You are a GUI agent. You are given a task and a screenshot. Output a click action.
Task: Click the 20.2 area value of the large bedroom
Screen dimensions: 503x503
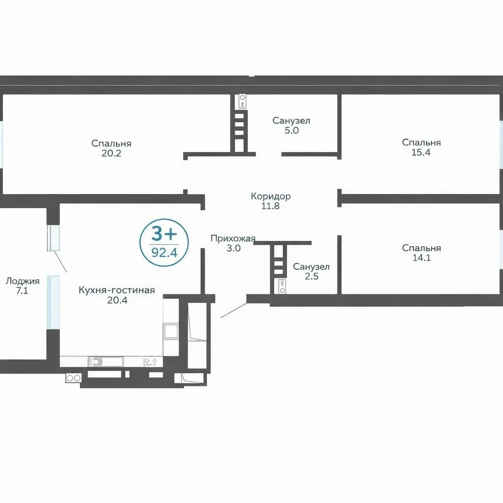112,153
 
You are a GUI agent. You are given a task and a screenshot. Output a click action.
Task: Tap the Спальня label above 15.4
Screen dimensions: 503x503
421,142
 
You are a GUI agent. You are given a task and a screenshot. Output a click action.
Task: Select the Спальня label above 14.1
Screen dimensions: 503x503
421,248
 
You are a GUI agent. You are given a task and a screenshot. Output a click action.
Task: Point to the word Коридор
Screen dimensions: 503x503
271,196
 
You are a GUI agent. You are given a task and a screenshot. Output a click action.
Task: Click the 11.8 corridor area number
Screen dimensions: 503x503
271,206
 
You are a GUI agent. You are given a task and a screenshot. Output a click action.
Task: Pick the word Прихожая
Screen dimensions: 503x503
233,238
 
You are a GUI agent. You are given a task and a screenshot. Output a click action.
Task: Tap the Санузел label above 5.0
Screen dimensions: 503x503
291,121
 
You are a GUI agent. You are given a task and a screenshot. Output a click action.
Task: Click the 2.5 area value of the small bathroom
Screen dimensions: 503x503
311,276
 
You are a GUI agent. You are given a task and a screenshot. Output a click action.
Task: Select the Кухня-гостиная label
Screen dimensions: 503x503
117,290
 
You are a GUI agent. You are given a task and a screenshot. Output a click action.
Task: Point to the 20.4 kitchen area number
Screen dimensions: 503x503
117,300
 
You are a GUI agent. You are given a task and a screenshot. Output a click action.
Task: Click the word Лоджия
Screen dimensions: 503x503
23,281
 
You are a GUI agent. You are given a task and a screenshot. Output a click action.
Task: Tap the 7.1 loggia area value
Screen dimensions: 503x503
22,291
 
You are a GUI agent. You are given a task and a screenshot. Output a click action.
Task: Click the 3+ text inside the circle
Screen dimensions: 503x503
164,234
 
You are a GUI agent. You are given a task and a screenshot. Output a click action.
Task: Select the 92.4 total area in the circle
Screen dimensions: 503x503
164,253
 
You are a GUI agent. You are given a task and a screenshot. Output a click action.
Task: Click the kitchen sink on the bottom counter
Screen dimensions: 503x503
95,362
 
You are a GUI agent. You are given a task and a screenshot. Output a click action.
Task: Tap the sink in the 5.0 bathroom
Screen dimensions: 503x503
243,100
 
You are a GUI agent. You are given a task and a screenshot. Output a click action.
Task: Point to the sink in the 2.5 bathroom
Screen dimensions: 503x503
282,286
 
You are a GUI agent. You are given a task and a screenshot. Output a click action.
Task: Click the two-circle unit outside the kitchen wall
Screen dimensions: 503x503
74,378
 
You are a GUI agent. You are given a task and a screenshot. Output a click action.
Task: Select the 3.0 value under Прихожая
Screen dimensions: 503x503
233,248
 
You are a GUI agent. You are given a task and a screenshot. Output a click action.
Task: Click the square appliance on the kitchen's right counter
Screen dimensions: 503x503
170,331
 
